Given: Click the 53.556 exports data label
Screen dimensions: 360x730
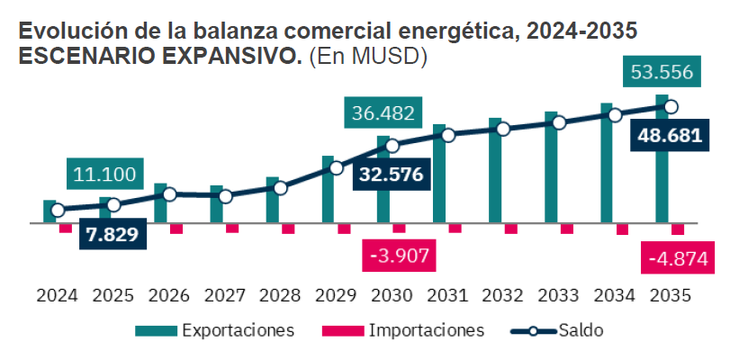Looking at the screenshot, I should [662, 73].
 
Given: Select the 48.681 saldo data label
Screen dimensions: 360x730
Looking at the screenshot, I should [668, 136].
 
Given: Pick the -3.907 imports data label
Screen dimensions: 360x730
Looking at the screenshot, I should [398, 256].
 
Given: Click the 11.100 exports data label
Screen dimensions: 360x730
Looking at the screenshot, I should [104, 174].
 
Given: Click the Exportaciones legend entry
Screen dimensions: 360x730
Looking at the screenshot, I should [237, 329].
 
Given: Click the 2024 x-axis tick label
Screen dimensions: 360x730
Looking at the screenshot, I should [57, 296].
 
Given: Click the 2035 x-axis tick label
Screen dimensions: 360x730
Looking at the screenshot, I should [670, 296].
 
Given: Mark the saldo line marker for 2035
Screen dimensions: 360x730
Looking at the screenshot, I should [672, 107].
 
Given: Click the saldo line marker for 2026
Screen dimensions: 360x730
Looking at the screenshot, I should [169, 194].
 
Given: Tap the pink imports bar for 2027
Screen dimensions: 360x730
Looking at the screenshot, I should [232, 228].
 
